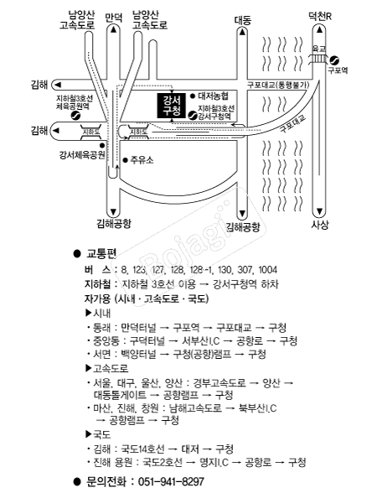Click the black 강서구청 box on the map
[171, 106]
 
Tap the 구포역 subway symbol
[334, 60]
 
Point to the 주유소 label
[142, 160]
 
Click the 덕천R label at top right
[319, 16]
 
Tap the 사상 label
[320, 225]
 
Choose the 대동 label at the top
[243, 20]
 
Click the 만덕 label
[113, 18]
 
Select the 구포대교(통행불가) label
[278, 85]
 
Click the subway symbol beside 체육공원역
[75, 116]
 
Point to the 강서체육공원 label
[82, 155]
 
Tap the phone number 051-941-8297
[171, 481]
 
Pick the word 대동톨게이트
[120, 394]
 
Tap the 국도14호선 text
[142, 449]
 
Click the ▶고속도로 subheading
[106, 368]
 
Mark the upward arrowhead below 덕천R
[320, 30]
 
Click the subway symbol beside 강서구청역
[193, 116]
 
